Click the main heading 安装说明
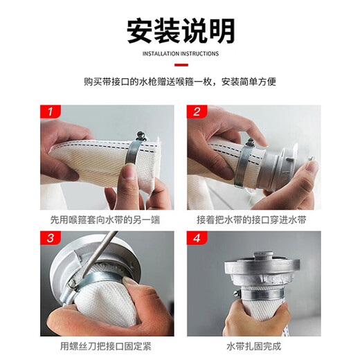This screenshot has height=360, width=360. (x=180, y=30)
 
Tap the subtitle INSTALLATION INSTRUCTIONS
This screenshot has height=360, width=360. (x=180, y=53)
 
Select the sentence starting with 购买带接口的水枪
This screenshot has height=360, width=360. (x=180, y=82)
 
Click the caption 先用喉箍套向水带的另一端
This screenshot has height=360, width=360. (x=107, y=219)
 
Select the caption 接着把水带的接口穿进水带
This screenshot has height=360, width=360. (x=253, y=219)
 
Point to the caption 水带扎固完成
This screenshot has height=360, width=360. (x=253, y=345)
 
